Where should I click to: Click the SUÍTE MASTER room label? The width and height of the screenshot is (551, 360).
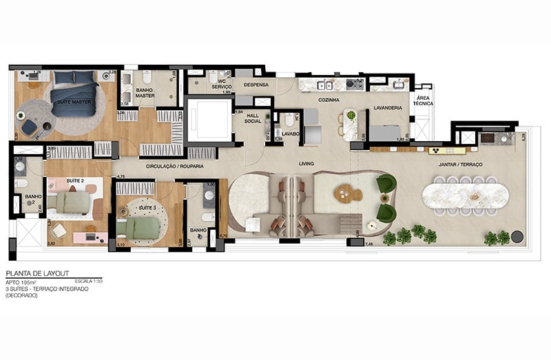[x=74, y=101]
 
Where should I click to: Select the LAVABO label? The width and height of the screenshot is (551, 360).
[x=290, y=134]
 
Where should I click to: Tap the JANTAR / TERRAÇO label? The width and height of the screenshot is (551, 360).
[x=461, y=165]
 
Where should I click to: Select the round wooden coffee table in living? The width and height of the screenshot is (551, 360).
[x=348, y=194]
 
